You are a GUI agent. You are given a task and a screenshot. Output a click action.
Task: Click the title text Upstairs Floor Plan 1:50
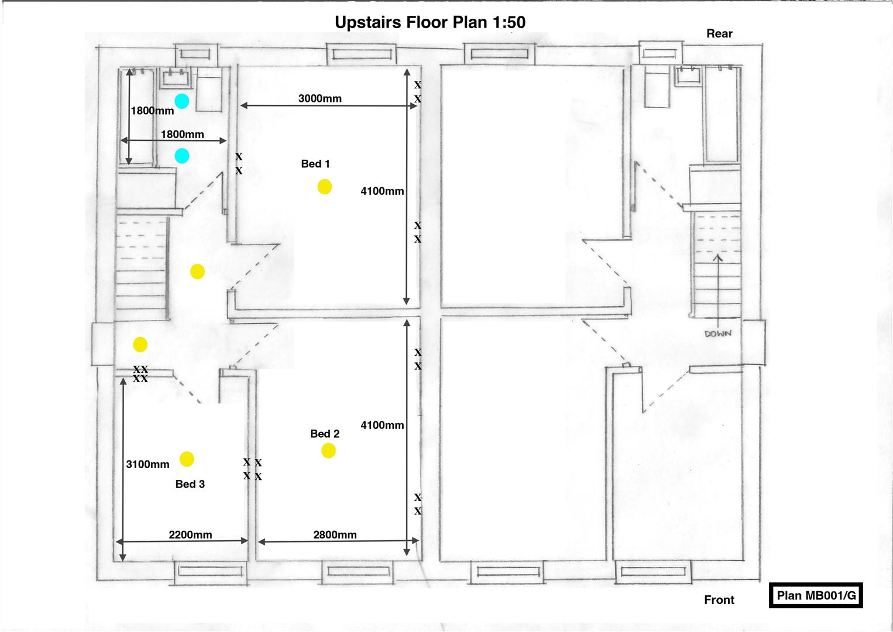(430, 22)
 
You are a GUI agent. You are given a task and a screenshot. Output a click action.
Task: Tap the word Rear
(719, 33)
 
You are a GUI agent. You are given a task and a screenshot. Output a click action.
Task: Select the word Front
(719, 600)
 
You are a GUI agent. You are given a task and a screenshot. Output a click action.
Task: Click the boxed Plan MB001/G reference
(816, 596)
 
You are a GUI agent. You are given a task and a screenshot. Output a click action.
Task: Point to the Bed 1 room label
(315, 164)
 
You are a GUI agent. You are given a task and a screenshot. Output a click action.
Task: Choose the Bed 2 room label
(325, 434)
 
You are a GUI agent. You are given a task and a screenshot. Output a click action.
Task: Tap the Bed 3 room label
(190, 484)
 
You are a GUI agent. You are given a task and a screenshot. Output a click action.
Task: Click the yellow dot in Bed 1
(325, 187)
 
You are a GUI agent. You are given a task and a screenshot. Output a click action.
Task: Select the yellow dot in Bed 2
(328, 451)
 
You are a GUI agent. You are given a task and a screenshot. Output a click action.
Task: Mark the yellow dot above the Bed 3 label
(187, 459)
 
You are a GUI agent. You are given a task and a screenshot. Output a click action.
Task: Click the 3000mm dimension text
(320, 98)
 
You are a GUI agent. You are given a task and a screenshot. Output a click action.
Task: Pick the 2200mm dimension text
(190, 534)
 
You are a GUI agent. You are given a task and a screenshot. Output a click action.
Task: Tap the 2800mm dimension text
(335, 534)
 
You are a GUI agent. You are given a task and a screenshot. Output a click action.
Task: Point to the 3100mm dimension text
(147, 464)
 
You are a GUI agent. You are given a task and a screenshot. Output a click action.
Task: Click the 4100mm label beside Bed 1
(382, 191)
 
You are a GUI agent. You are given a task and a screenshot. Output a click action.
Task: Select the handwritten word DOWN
(717, 334)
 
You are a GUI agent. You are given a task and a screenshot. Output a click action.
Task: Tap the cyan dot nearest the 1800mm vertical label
(182, 101)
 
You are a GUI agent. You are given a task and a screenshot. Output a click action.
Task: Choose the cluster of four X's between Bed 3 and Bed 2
(253, 469)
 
